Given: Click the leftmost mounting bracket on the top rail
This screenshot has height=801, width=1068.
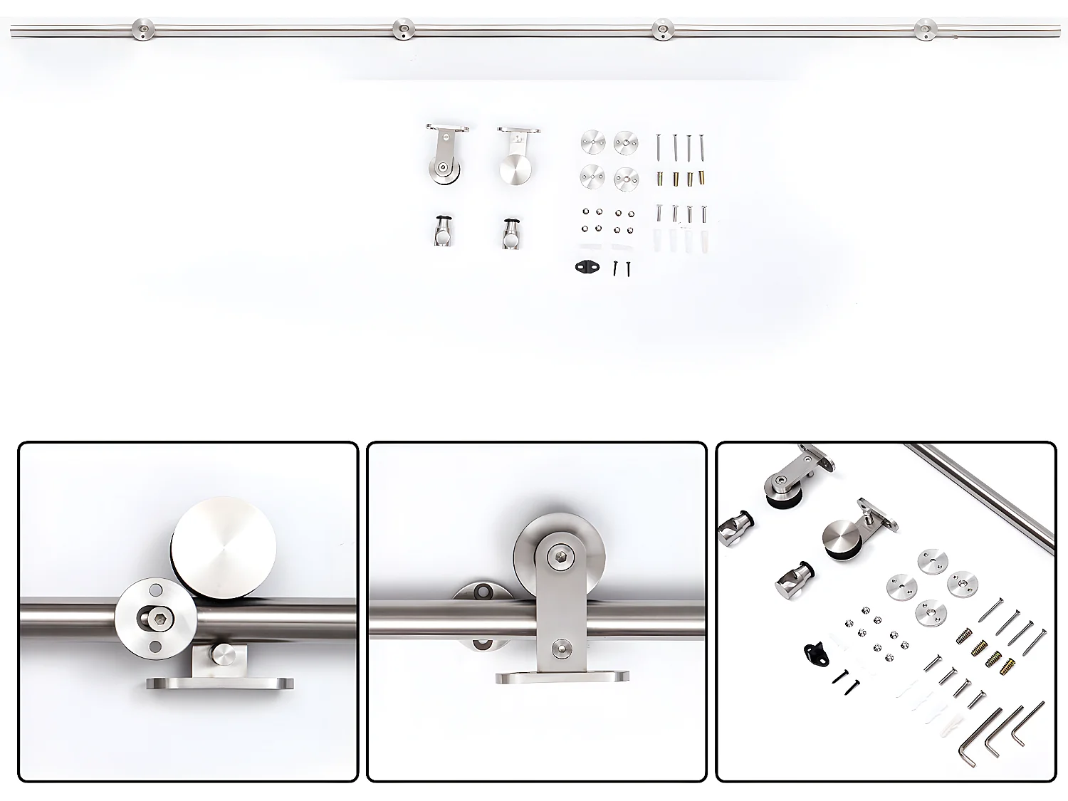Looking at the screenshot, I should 143,30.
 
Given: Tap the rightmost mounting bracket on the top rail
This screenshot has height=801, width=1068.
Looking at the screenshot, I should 925,29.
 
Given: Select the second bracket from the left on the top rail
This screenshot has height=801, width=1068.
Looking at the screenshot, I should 404,29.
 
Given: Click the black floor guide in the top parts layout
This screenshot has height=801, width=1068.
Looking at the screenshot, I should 587,267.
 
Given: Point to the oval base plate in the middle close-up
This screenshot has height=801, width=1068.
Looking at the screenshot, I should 562,677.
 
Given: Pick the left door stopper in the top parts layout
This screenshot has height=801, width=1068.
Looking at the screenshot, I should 444,231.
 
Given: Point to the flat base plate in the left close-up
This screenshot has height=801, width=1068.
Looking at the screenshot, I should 220,683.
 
